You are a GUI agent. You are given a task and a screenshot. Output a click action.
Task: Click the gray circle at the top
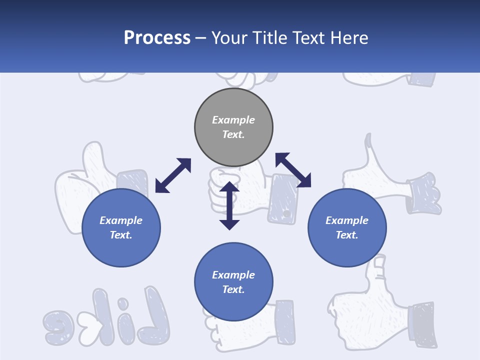click(233, 127)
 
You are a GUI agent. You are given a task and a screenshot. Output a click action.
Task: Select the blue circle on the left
click(121, 227)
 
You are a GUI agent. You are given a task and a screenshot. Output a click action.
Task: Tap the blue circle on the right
click(347, 227)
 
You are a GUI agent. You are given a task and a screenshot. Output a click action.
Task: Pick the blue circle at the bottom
click(233, 282)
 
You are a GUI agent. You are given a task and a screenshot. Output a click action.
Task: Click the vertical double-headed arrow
click(229, 205)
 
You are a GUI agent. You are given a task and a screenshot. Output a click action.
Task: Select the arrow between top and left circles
click(173, 175)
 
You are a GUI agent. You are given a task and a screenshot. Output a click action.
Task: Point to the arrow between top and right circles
click(293, 170)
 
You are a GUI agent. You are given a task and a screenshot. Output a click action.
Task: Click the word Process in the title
click(157, 37)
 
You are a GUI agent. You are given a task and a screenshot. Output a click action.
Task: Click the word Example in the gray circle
click(233, 120)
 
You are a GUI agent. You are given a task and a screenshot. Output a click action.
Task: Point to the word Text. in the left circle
click(121, 235)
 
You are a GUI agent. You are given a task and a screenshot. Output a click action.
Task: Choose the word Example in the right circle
click(347, 220)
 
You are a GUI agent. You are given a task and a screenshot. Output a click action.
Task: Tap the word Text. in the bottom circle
click(233, 289)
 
